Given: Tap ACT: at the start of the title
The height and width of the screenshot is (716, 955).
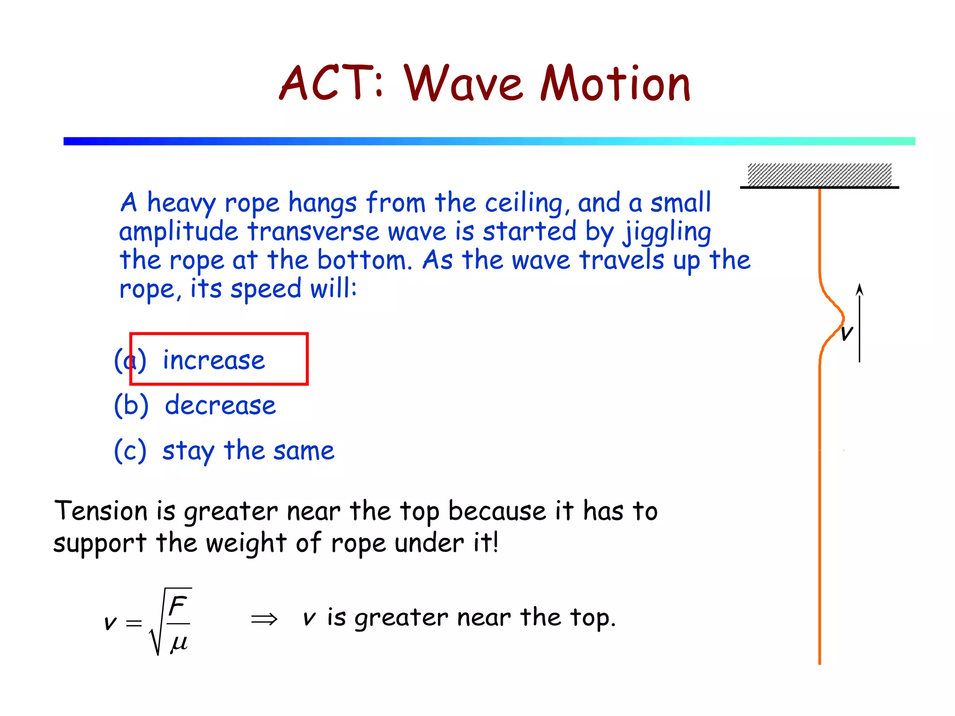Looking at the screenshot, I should click(x=331, y=84).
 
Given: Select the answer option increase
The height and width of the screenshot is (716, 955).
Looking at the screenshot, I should click(x=214, y=360).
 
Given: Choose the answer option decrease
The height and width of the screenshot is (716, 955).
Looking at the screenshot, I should click(x=220, y=405).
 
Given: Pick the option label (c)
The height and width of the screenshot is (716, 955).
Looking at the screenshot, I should click(x=131, y=450).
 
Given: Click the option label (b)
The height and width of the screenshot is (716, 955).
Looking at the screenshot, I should click(x=131, y=405).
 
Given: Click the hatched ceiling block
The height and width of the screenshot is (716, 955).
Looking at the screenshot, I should click(x=819, y=175).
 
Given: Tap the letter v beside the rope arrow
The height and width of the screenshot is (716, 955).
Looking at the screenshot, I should click(x=846, y=333).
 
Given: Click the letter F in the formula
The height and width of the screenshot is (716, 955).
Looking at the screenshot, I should click(x=178, y=606).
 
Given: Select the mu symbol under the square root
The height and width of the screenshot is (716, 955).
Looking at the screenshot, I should click(x=179, y=643).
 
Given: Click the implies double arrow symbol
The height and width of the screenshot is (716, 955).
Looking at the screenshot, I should click(x=264, y=620).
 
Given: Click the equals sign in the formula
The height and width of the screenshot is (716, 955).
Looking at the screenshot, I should click(x=134, y=623).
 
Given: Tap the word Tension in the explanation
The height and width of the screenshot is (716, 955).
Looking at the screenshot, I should click(x=101, y=511).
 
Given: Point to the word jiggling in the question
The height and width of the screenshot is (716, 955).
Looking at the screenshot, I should click(x=667, y=232).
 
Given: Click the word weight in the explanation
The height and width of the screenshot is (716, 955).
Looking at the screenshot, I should click(x=246, y=543).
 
